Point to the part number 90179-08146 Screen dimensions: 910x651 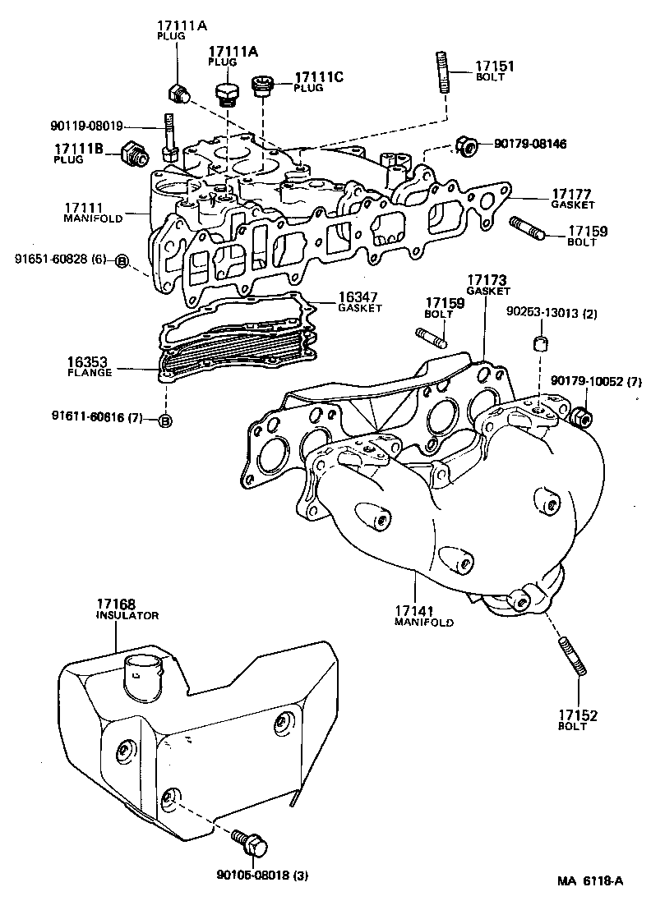click(x=530, y=144)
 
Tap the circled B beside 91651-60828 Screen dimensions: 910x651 click(x=121, y=260)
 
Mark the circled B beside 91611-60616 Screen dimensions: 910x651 click(x=164, y=421)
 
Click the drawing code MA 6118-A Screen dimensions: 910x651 click(x=589, y=881)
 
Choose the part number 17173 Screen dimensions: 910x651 click(x=488, y=280)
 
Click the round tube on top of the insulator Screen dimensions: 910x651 click(x=142, y=673)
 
